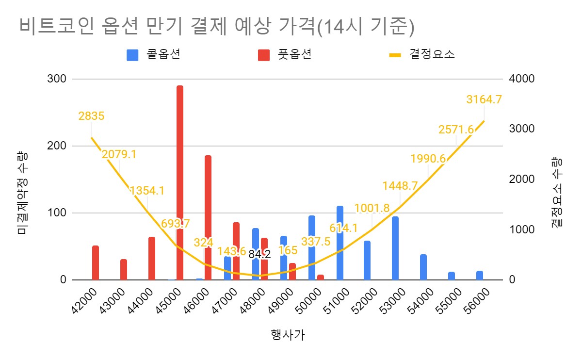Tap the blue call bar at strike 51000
[340, 243]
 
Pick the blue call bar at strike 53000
[395, 248]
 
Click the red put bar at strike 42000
[96, 262]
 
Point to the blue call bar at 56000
[480, 275]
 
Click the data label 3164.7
[484, 99]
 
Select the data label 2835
[91, 116]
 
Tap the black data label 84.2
[259, 254]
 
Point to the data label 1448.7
[400, 185]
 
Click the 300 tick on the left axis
[58, 79]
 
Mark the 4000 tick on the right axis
[521, 79]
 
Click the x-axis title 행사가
[288, 335]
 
